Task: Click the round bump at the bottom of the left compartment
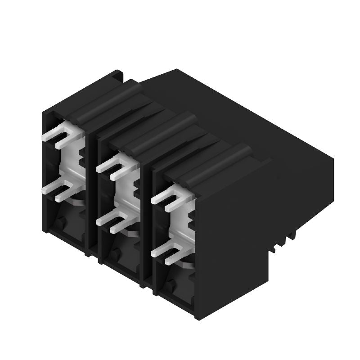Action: tap(61, 221)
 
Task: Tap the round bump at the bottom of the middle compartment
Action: tap(115, 255)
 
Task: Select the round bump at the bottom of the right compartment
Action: tap(170, 284)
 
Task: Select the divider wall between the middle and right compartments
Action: tap(148, 225)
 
